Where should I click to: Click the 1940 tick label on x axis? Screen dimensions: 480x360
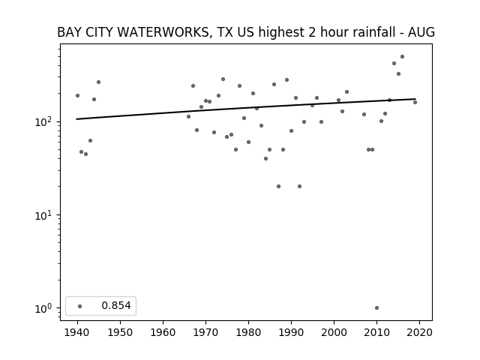77,332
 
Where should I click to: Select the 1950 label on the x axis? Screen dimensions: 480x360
120,332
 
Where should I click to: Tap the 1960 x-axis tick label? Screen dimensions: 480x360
163,332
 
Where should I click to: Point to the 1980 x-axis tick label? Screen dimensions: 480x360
248,332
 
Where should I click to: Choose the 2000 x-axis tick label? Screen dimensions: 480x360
334,332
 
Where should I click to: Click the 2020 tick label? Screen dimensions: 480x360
419,332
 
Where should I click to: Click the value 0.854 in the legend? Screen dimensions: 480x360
116,305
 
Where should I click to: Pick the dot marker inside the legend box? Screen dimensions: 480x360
80,306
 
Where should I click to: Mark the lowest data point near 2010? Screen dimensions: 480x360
376,308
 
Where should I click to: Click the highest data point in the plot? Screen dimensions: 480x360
402,57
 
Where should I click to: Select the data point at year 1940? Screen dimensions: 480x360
77,95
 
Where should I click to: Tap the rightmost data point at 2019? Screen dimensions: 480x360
415,102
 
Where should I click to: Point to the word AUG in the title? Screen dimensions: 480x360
421,32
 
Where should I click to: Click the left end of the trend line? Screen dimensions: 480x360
76,119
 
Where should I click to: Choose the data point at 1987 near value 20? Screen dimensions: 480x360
278,187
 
